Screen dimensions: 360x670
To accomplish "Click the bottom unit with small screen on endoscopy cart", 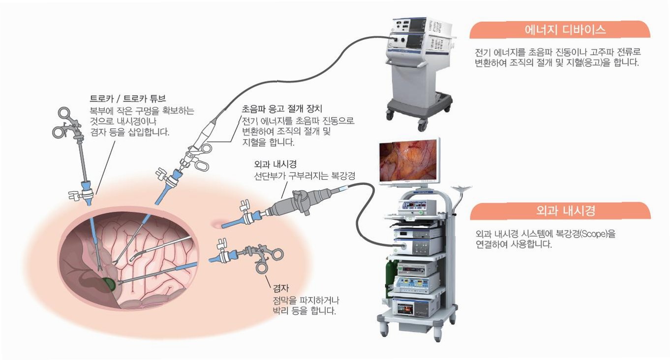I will tap(414, 310).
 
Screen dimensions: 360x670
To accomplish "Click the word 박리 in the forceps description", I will tap(281, 310).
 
